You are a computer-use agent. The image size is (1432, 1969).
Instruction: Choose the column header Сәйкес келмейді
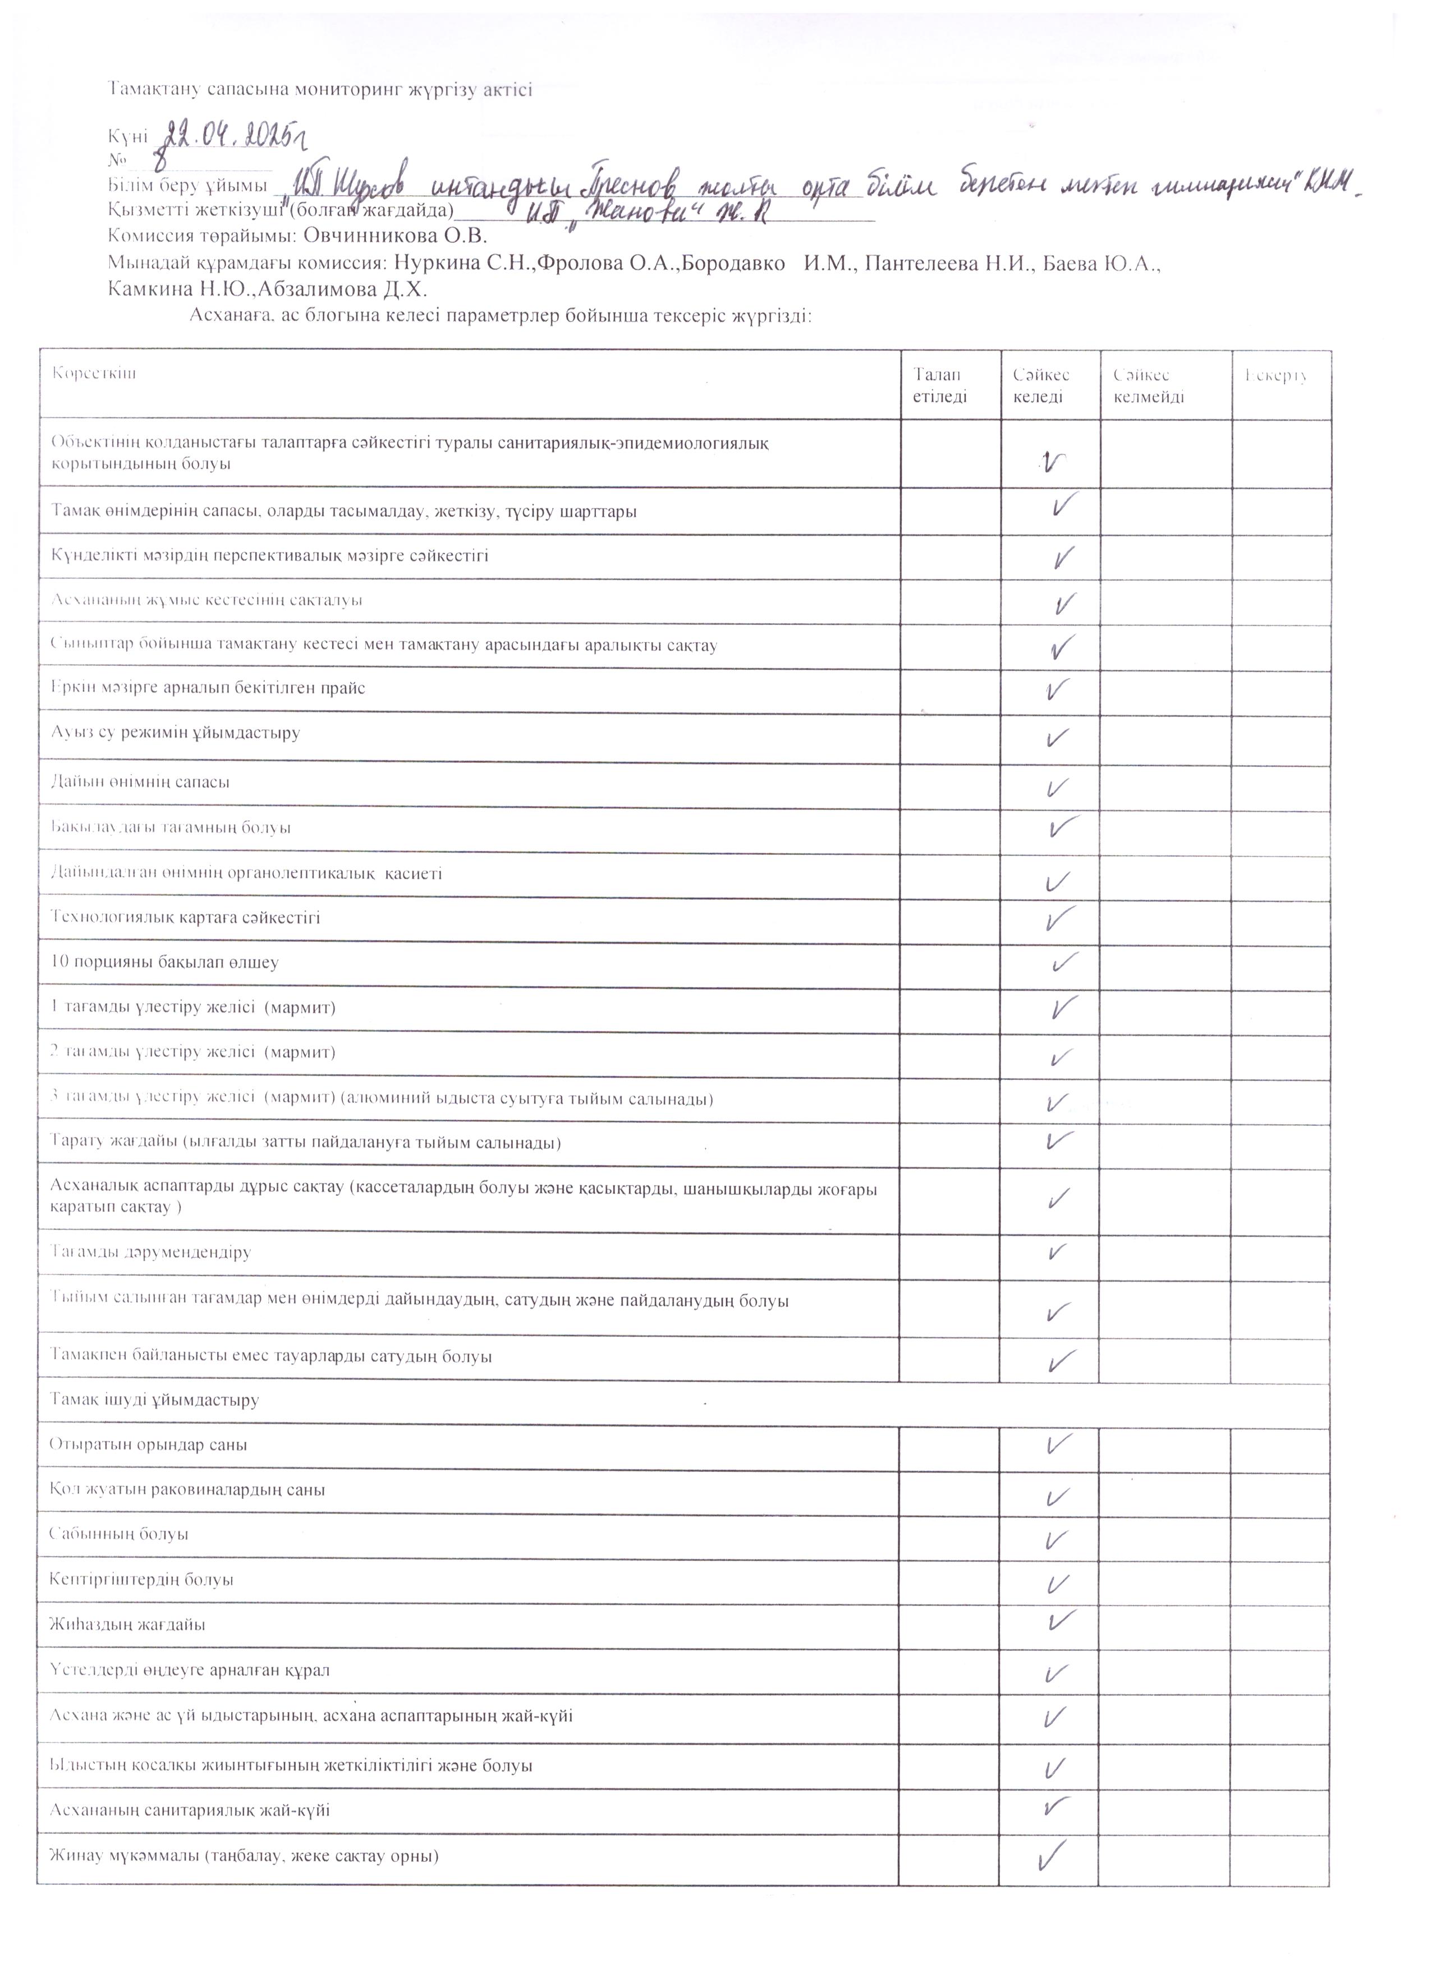1148,385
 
